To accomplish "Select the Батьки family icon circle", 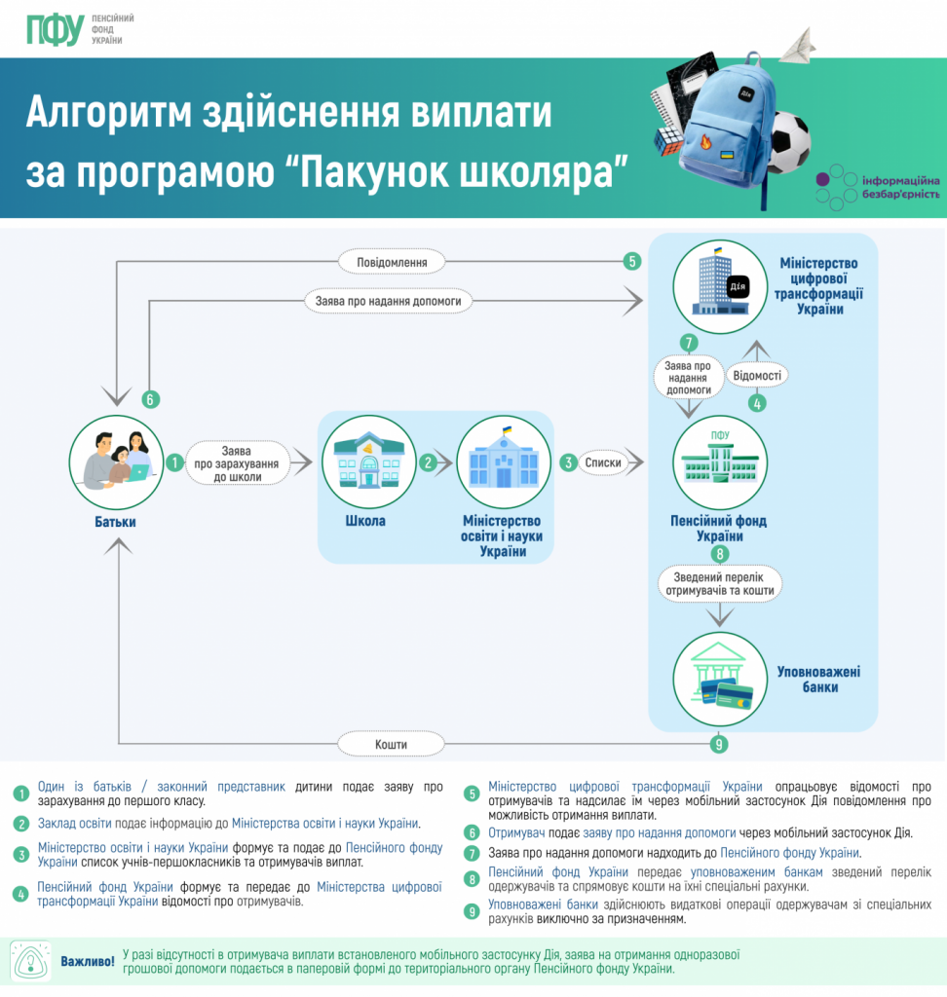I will [x=115, y=463].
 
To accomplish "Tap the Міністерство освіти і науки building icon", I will [x=504, y=462].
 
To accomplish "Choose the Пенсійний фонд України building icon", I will [x=720, y=462].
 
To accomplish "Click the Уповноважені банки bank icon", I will [x=720, y=680].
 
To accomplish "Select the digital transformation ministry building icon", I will [x=720, y=282].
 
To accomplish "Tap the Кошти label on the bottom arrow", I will [x=390, y=745].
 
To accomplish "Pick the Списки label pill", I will [x=603, y=462].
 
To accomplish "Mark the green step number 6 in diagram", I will [x=149, y=399].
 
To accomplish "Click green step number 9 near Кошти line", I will [x=719, y=745].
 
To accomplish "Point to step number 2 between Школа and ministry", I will [x=427, y=462].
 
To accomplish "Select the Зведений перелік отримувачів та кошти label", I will [x=720, y=583].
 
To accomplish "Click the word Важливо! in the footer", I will [x=88, y=962].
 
